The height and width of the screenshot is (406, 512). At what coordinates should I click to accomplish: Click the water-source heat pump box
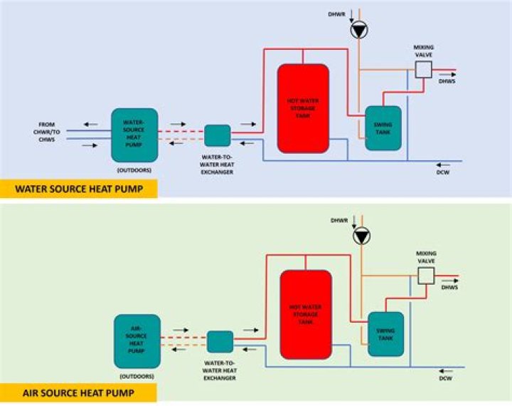pyautogui.click(x=134, y=135)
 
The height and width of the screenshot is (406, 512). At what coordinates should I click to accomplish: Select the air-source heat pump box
pyautogui.click(x=137, y=340)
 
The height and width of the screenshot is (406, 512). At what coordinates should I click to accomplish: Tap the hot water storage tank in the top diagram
pyautogui.click(x=302, y=108)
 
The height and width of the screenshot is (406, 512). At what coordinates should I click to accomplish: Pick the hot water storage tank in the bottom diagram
pyautogui.click(x=306, y=314)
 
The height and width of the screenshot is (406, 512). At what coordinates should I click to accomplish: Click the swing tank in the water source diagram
pyautogui.click(x=383, y=128)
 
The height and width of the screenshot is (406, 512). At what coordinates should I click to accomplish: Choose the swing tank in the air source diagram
pyautogui.click(x=386, y=333)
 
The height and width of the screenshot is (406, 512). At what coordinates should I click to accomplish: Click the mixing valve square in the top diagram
pyautogui.click(x=424, y=69)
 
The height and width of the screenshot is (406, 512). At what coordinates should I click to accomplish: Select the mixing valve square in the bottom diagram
pyautogui.click(x=427, y=275)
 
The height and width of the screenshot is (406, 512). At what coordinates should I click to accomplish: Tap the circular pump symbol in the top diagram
pyautogui.click(x=359, y=30)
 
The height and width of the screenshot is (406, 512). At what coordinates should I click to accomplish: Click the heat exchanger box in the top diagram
pyautogui.click(x=217, y=135)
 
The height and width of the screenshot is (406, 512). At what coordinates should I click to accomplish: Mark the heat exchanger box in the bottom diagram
pyautogui.click(x=220, y=341)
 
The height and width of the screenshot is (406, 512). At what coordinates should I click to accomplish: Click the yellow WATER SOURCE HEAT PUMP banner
pyautogui.click(x=78, y=189)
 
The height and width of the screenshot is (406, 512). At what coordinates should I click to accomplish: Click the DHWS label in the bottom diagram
pyautogui.click(x=449, y=287)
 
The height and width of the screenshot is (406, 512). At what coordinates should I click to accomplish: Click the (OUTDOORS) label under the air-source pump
pyautogui.click(x=137, y=375)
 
